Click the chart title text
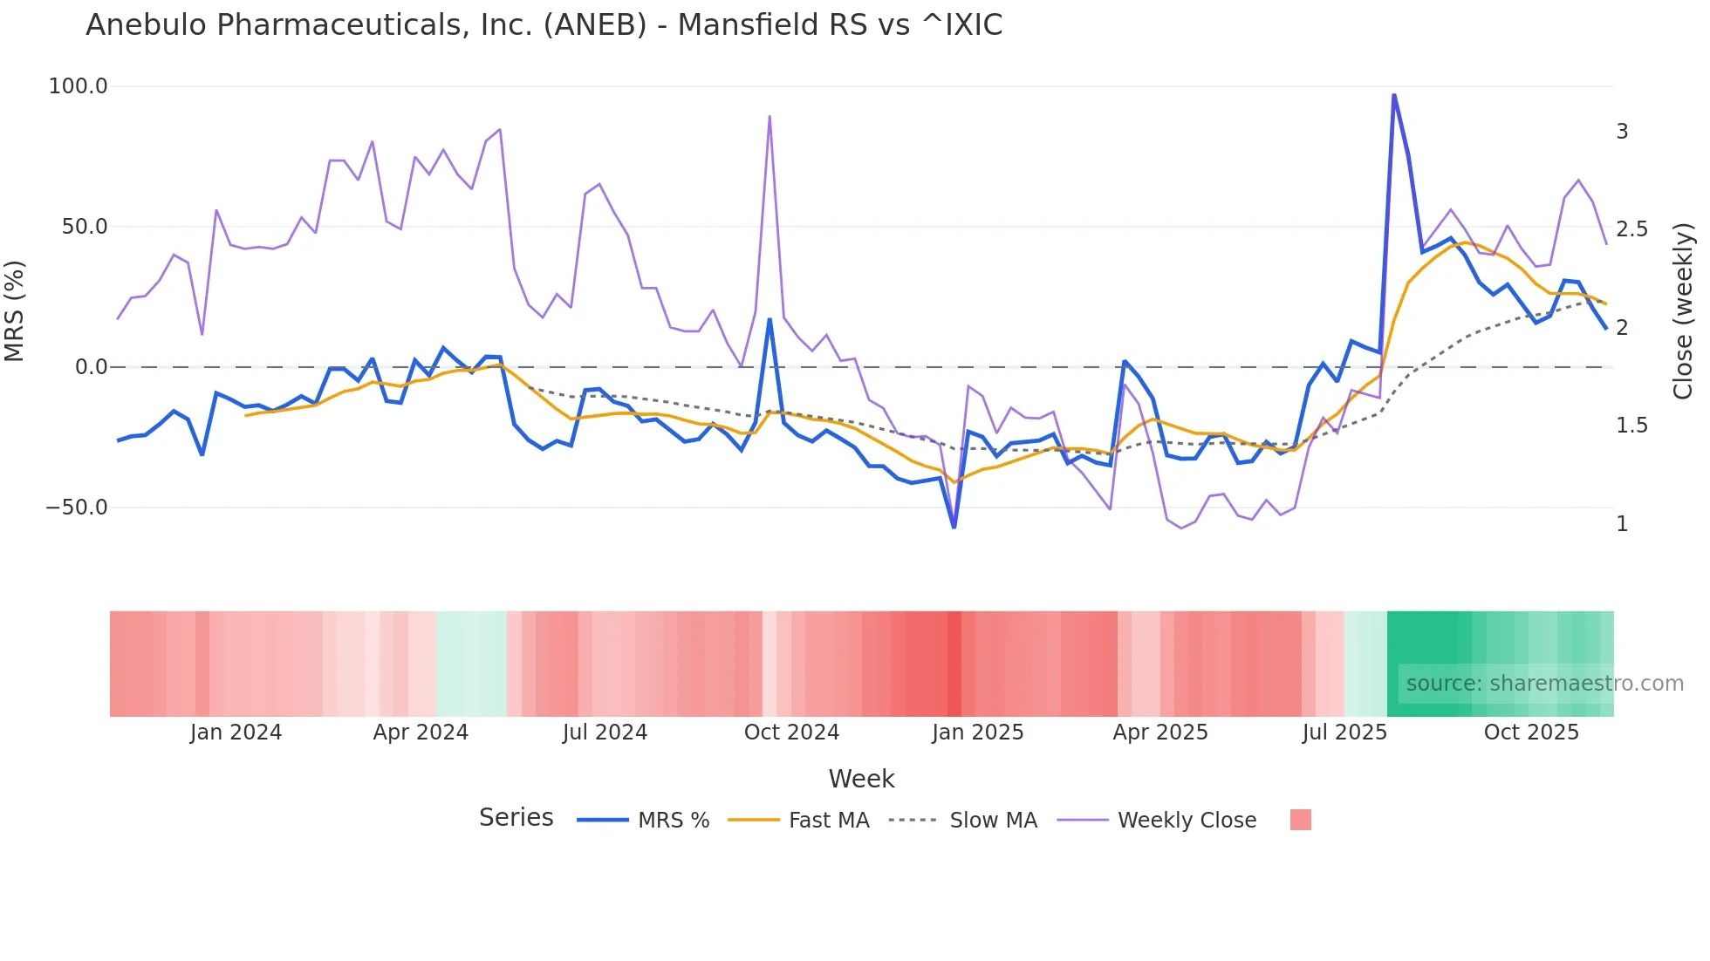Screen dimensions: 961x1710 click(x=544, y=25)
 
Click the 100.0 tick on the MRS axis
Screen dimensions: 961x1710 click(x=78, y=86)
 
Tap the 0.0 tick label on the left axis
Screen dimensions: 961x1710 click(x=91, y=367)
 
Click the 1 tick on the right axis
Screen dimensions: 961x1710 click(x=1622, y=524)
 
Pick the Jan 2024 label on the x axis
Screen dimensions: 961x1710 click(x=236, y=733)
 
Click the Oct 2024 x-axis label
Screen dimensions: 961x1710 click(x=791, y=733)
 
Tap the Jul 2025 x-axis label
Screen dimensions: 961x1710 click(x=1344, y=733)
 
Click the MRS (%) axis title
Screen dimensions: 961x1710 click(x=15, y=311)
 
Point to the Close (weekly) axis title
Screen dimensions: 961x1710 click(x=1683, y=311)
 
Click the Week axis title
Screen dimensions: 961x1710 click(x=861, y=779)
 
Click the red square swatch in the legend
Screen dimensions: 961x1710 click(x=1300, y=820)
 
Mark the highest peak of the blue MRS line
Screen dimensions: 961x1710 click(x=1393, y=94)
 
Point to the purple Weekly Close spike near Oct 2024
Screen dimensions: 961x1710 click(x=769, y=116)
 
